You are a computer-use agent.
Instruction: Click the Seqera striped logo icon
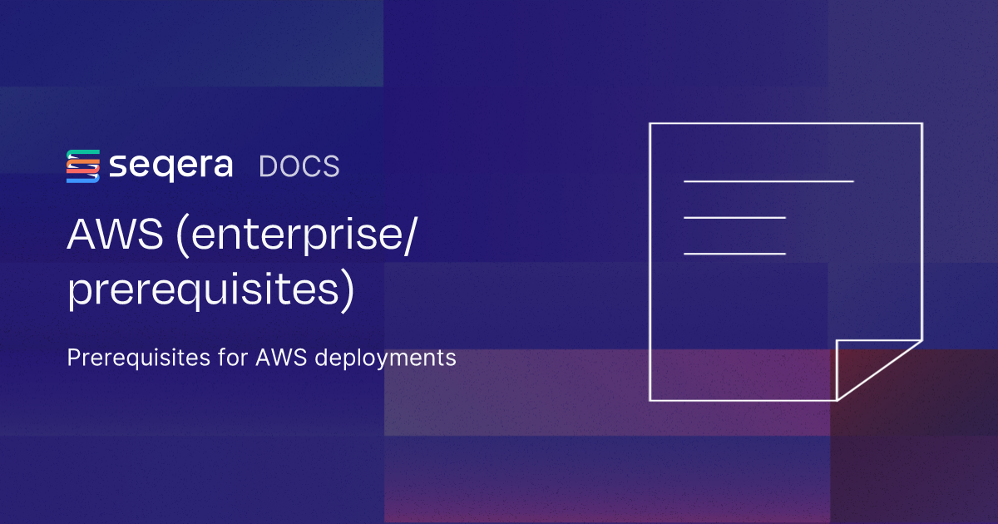pyautogui.click(x=83, y=166)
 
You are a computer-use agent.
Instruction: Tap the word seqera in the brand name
pyautogui.click(x=170, y=166)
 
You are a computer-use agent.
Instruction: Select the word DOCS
pyautogui.click(x=299, y=166)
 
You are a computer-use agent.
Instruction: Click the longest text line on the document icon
pyautogui.click(x=768, y=180)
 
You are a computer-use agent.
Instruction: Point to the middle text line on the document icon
pyautogui.click(x=734, y=217)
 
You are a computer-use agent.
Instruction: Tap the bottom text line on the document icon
pyautogui.click(x=734, y=253)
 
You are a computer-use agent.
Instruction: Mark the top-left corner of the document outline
pyautogui.click(x=650, y=124)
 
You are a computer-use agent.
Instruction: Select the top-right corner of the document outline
pyautogui.click(x=921, y=124)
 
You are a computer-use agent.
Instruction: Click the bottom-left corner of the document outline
pyautogui.click(x=650, y=400)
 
